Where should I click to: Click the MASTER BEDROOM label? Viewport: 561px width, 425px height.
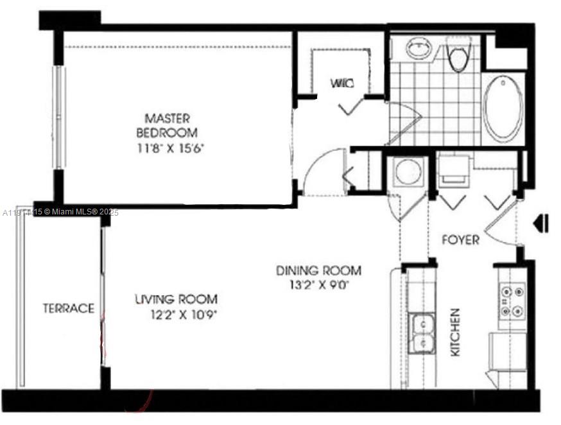(x=167, y=125)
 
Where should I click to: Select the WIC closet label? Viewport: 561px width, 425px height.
(x=341, y=83)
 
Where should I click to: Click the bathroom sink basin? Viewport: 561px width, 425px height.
(x=419, y=49)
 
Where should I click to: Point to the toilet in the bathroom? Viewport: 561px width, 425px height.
(x=458, y=55)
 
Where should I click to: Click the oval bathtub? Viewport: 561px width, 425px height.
(x=504, y=107)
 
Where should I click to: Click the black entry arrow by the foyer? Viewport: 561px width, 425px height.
(x=541, y=223)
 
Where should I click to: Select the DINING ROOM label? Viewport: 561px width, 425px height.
(x=318, y=270)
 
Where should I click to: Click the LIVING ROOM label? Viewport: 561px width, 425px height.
(x=176, y=299)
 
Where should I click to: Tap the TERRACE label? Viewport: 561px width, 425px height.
(x=69, y=308)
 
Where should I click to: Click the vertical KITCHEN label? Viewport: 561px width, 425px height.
(x=455, y=333)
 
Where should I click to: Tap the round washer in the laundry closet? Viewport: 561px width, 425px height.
(x=406, y=172)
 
